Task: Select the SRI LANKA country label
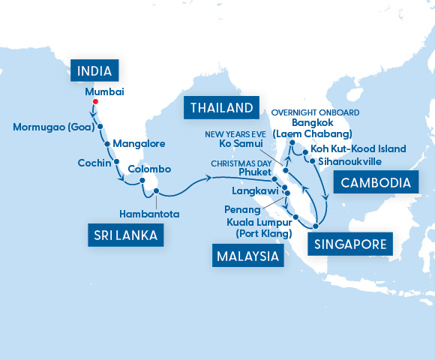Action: (x=126, y=235)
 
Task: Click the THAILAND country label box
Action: (x=220, y=108)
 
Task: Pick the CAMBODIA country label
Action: (x=374, y=182)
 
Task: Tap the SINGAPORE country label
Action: (x=350, y=244)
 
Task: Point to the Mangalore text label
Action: (x=139, y=143)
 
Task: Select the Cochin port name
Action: (x=94, y=162)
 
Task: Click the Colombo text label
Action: (x=149, y=169)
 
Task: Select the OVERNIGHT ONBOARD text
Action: (x=315, y=112)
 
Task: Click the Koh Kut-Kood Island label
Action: (x=358, y=148)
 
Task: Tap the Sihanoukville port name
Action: (x=352, y=160)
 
